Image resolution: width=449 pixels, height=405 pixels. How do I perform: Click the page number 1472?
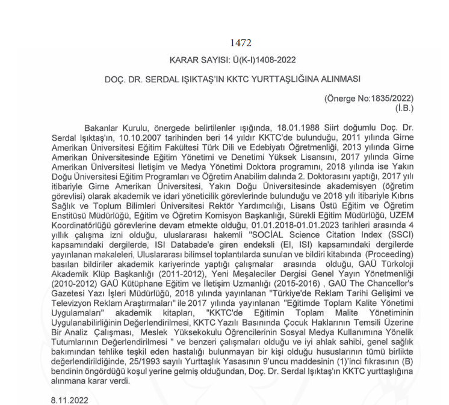click(x=240, y=43)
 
